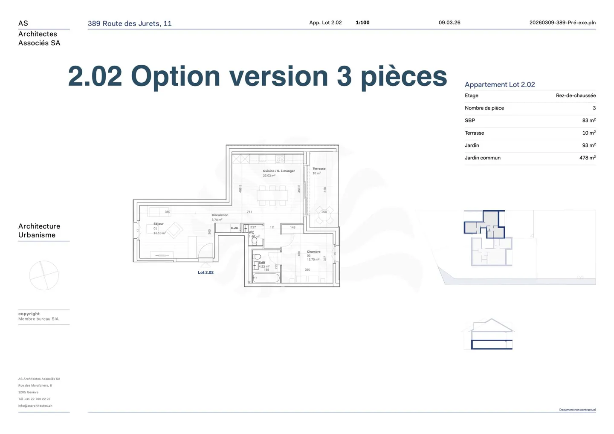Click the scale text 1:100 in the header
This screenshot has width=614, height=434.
tap(362, 23)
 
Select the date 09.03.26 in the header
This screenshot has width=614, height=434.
tap(449, 23)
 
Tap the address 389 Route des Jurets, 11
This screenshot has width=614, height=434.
tap(130, 23)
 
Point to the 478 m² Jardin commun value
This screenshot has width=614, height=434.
tap(587, 158)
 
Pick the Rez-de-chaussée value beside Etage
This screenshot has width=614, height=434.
tap(576, 95)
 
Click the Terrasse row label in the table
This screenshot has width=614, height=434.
tap(474, 133)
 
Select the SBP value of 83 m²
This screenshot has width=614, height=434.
tap(588, 121)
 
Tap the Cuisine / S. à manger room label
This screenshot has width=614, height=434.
tap(279, 171)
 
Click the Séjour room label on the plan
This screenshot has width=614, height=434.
tap(158, 224)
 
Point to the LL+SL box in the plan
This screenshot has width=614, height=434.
tap(235, 228)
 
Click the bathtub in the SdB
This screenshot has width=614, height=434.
tap(266, 278)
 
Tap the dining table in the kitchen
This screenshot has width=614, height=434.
tap(272, 196)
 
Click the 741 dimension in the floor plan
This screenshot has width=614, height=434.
tap(249, 212)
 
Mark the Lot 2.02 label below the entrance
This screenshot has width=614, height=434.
tap(206, 272)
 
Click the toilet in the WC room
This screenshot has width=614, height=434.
tap(255, 241)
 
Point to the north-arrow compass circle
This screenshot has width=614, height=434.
tap(44, 275)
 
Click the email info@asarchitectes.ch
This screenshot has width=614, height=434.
tap(35, 406)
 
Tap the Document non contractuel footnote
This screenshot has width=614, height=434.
tap(577, 410)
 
